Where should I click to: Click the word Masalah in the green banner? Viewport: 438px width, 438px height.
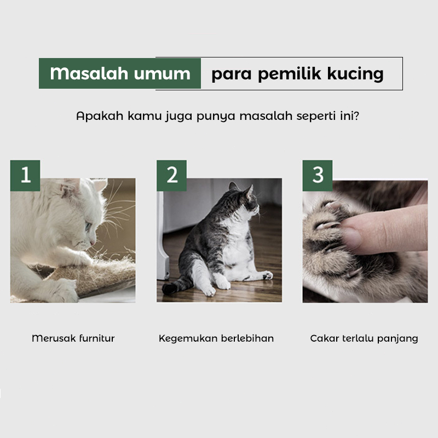pyautogui.click(x=89, y=73)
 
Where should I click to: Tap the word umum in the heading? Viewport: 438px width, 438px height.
pyautogui.click(x=162, y=74)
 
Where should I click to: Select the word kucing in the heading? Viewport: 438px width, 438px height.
pyautogui.click(x=355, y=74)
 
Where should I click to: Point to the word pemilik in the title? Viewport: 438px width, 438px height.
pyautogui.click(x=290, y=74)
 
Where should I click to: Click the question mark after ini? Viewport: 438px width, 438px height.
pyautogui.click(x=356, y=116)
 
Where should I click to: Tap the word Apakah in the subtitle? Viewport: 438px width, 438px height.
pyautogui.click(x=100, y=116)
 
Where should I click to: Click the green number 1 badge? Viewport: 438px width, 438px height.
pyautogui.click(x=25, y=175)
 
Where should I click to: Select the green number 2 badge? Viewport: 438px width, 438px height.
pyautogui.click(x=171, y=175)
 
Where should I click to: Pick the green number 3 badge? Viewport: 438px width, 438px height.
pyautogui.click(x=318, y=175)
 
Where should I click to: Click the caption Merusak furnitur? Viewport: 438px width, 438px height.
pyautogui.click(x=73, y=338)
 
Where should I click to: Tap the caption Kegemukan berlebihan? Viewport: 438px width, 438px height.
pyautogui.click(x=216, y=338)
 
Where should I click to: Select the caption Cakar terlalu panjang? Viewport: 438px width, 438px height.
pyautogui.click(x=364, y=338)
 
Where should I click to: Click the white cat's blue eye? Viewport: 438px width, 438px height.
pyautogui.click(x=88, y=225)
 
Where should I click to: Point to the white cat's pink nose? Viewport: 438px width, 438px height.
pyautogui.click(x=93, y=244)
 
